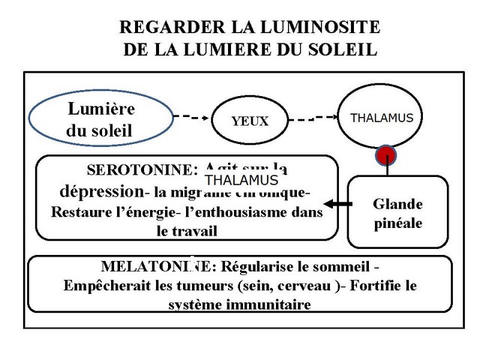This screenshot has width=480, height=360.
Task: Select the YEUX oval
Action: [x=250, y=120]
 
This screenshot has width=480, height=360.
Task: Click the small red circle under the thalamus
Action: [x=386, y=155]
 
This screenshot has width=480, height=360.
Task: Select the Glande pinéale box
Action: [x=397, y=214]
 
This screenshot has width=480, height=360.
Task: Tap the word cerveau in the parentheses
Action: [x=297, y=286]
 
